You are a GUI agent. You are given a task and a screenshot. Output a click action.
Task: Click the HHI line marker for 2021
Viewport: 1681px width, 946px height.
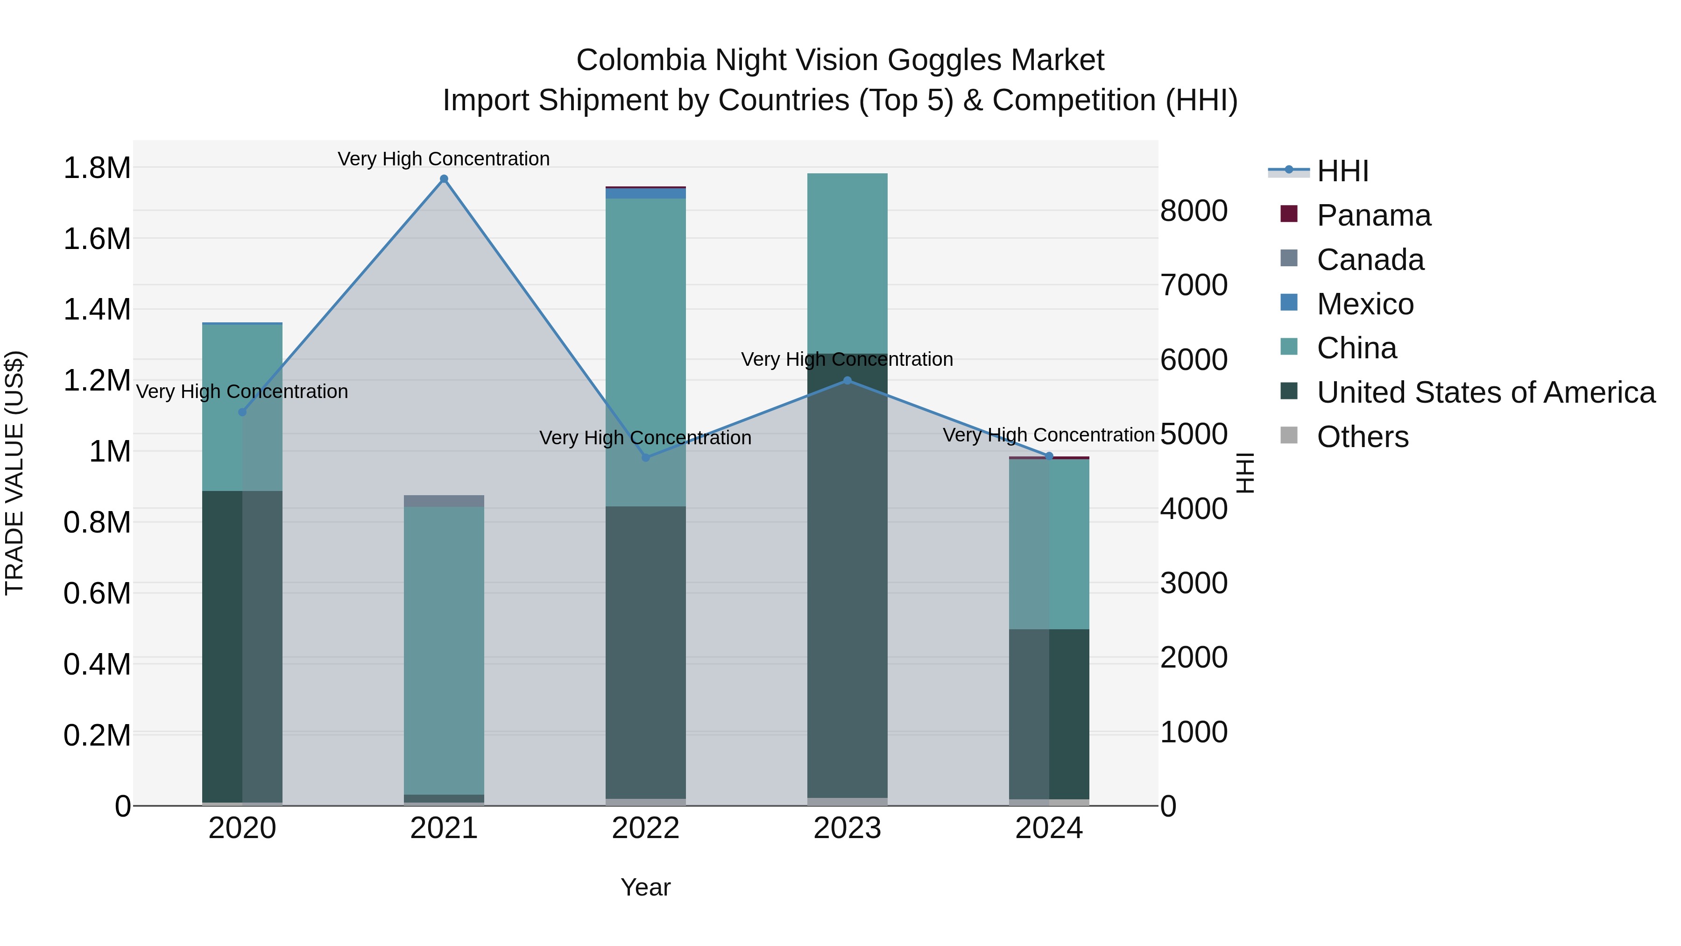coord(444,179)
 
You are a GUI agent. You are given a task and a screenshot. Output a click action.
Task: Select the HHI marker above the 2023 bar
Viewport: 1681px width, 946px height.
coord(847,381)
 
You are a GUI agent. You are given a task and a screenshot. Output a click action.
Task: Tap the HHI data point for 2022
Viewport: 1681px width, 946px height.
coord(645,458)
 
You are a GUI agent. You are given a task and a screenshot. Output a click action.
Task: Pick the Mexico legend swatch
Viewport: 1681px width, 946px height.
coord(1289,303)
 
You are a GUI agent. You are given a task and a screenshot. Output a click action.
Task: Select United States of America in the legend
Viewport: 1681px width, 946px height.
coord(1485,392)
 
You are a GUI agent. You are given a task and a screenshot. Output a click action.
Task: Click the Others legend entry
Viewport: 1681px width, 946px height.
coord(1362,437)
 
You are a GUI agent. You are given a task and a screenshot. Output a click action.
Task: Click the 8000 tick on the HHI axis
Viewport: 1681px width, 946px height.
coord(1194,211)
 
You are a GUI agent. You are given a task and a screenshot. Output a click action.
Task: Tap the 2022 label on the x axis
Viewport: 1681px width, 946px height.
coord(645,828)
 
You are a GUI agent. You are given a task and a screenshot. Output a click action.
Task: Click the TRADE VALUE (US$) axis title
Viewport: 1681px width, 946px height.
coord(14,473)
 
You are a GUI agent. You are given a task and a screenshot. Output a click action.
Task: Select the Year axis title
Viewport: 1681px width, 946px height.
coord(645,887)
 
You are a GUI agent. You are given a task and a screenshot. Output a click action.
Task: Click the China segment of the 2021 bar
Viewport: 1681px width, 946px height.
coord(444,650)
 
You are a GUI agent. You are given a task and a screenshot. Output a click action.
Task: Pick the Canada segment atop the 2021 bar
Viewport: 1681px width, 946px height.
coord(444,501)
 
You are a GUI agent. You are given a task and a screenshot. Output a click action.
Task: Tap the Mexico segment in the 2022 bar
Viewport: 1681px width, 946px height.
coord(645,193)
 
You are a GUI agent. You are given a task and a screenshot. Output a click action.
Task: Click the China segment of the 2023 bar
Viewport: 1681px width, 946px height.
coord(847,263)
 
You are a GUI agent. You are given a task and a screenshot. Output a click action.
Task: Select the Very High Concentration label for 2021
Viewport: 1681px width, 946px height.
coord(444,159)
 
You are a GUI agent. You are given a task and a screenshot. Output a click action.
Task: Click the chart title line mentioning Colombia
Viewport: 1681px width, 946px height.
coord(840,60)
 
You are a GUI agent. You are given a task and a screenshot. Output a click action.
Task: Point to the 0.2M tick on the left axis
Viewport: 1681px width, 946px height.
coord(97,735)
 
